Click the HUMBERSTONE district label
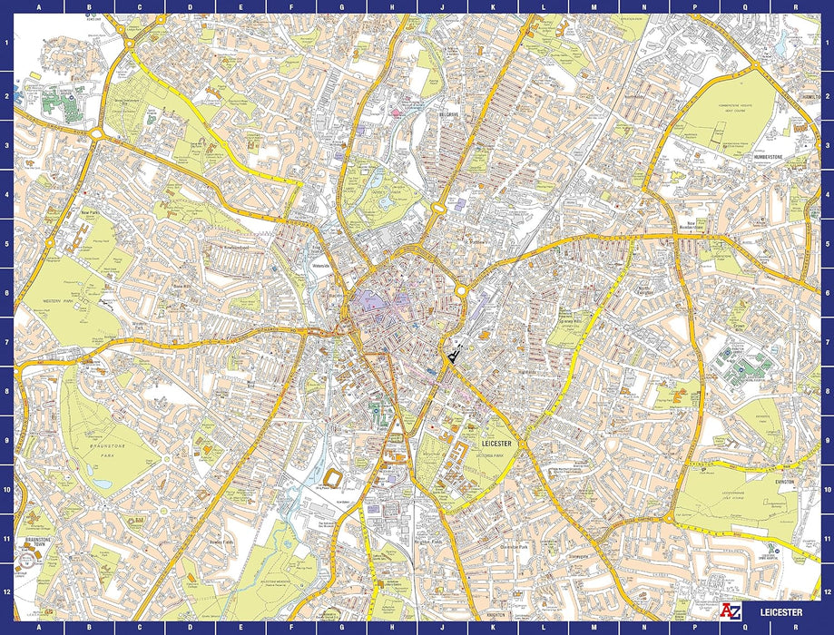(x=773, y=155)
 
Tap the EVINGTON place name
(x=785, y=482)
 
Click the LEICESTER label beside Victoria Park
(x=498, y=444)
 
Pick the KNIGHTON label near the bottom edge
(x=495, y=615)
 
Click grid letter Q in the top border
(x=745, y=5)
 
